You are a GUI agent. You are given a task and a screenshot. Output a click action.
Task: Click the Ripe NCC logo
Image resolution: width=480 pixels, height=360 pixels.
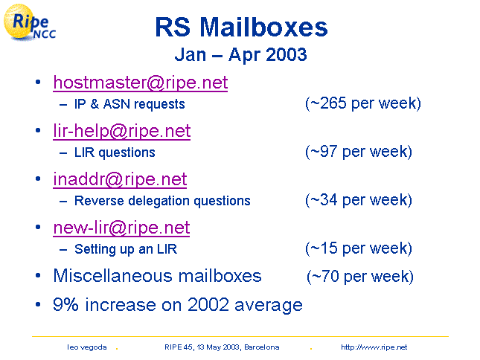pos(29,22)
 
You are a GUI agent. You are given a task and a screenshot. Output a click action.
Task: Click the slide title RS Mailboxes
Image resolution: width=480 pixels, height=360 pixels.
pos(241,28)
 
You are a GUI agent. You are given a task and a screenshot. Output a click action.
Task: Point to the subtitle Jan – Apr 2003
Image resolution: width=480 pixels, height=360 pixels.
pos(240,55)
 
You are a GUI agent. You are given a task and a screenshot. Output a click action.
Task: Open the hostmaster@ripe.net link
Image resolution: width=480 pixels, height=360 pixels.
pos(141,83)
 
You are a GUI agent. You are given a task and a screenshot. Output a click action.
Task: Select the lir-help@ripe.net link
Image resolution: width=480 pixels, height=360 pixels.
pos(122,131)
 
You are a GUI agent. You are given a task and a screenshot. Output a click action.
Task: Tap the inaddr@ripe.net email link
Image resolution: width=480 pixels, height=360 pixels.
pos(120,179)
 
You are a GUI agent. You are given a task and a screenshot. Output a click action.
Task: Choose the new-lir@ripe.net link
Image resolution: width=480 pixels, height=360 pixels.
pos(121,228)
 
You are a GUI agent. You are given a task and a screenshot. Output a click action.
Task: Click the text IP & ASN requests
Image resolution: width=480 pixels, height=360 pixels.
pos(129,104)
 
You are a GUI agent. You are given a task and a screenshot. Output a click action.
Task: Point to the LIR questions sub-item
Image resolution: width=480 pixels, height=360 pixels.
pos(115,152)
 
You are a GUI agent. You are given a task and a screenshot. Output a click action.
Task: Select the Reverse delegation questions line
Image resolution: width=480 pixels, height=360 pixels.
pos(162,201)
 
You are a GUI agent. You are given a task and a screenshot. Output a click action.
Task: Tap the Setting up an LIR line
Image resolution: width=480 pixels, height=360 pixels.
pos(126,249)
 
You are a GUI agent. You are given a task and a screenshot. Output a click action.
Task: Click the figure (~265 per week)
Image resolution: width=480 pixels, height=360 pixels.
pos(363,103)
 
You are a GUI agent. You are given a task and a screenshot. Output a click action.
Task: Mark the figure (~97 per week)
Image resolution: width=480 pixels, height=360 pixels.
pos(359,152)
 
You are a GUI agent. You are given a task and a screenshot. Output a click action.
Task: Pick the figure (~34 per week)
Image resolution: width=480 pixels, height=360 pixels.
pos(359,200)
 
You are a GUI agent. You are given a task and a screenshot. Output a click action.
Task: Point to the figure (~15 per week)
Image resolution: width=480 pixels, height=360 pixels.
pos(359,248)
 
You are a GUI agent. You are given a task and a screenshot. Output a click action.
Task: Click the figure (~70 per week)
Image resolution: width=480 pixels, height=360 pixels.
pos(360,277)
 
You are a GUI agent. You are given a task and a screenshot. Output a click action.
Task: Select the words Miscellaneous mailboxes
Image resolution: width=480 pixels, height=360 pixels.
pos(157,276)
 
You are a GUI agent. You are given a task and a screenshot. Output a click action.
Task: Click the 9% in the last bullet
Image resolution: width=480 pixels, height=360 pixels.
pos(65,305)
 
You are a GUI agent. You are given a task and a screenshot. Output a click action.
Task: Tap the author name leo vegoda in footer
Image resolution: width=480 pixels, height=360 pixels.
pos(87,347)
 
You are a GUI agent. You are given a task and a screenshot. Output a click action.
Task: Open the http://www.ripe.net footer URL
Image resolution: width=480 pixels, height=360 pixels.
pos(374,347)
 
